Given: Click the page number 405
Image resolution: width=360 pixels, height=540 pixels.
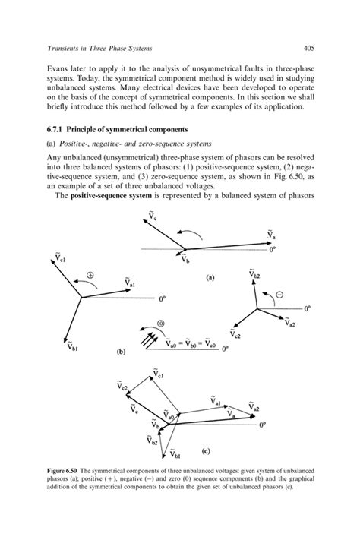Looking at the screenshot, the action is coord(308,49).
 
